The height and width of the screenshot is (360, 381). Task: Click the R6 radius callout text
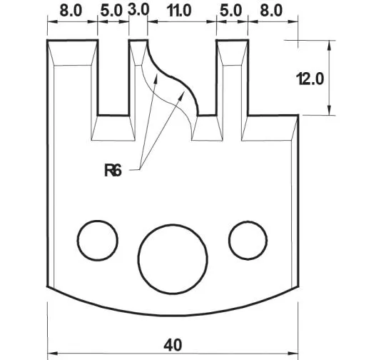(113, 170)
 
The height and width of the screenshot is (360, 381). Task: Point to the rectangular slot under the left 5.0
(113, 79)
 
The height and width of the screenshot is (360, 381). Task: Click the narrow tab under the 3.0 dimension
(138, 71)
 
